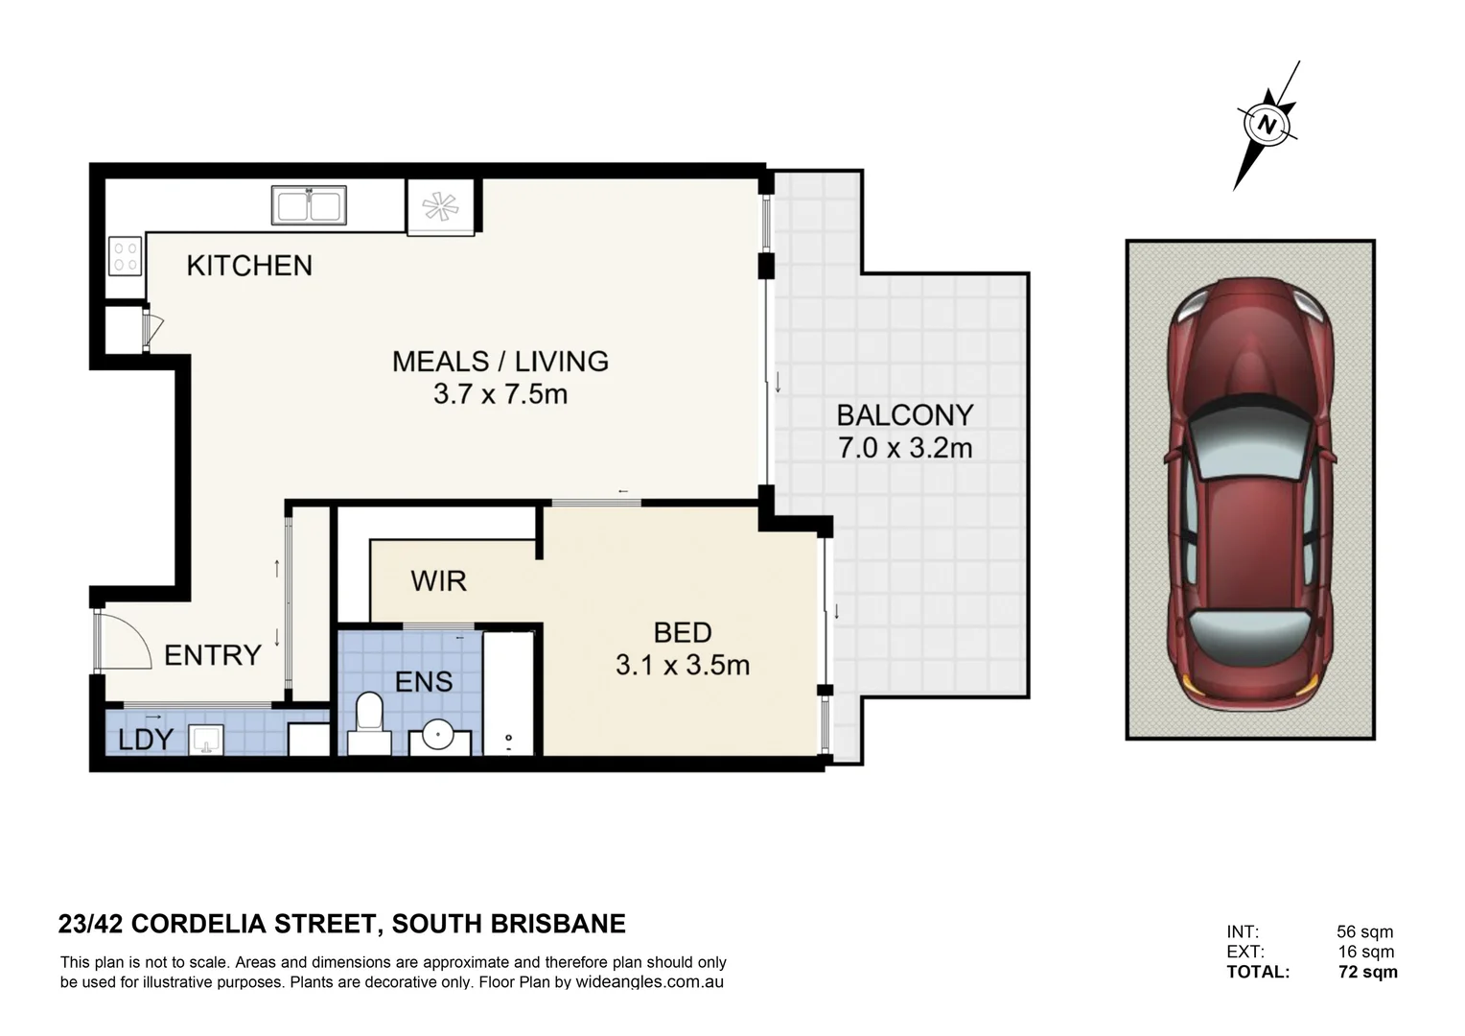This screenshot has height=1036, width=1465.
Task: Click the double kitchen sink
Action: coord(309,205)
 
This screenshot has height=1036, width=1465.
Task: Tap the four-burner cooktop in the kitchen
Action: coord(126,256)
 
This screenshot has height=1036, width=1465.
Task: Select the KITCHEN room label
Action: coord(250,266)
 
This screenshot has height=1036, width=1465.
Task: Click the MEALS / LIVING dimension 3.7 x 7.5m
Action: coord(500,394)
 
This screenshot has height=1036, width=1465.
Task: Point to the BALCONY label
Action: coord(905,415)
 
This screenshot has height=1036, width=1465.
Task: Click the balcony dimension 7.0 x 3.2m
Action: coord(905,448)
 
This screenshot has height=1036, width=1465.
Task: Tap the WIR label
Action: coord(439,581)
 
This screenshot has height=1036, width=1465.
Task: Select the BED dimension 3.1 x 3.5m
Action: coord(682,666)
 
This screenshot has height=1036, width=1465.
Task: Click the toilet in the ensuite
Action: coord(369,724)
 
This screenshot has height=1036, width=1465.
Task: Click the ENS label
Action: coord(424,682)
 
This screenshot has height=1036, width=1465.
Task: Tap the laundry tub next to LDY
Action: coord(206,740)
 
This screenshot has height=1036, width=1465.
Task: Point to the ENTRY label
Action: coord(213,655)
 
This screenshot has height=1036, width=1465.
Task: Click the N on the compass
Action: coord(1267,125)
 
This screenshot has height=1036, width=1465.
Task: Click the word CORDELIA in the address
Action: coord(198,924)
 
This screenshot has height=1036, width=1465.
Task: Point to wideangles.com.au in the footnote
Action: coord(649,982)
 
